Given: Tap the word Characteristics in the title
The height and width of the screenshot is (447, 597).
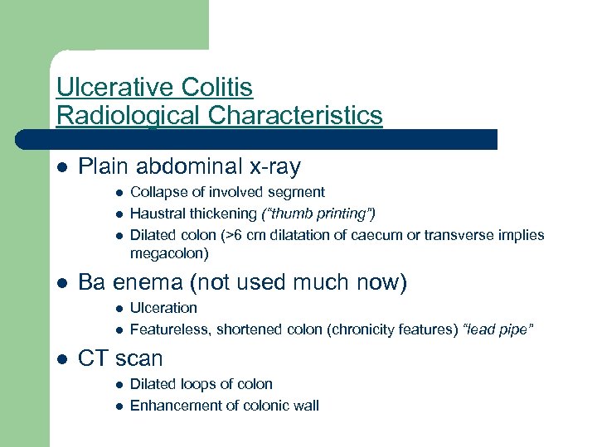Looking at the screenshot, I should (295, 115).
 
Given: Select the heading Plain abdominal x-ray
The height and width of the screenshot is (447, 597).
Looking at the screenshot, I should (189, 167).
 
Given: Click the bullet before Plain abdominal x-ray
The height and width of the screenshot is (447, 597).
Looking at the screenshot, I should (61, 168).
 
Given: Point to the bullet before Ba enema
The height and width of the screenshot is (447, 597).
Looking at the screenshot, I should (61, 284).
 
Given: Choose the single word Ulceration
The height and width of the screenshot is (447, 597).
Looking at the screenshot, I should (163, 308).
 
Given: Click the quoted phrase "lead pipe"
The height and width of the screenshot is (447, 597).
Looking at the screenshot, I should (499, 329).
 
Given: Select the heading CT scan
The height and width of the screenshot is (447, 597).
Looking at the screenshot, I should (120, 359).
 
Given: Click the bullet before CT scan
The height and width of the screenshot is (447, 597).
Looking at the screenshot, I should (61, 360).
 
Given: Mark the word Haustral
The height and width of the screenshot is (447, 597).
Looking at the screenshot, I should (156, 214).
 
